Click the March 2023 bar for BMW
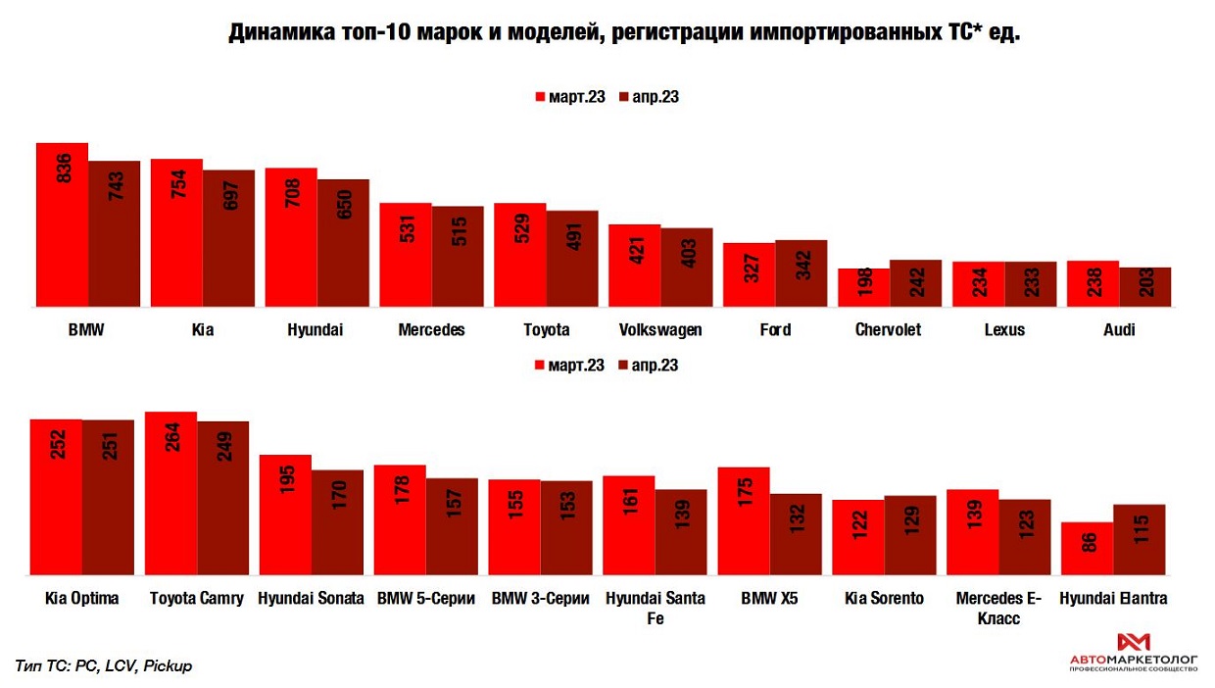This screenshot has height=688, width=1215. coord(62,225)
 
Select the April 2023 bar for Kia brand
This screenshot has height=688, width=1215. coord(228,239)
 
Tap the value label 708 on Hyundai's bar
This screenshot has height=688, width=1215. coord(291,197)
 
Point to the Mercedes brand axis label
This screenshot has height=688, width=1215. coord(431,330)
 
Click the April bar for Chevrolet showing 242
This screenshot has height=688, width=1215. coord(915,284)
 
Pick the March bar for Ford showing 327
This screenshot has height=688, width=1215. coord(749,275)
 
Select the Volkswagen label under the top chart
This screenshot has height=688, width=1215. coord(660,330)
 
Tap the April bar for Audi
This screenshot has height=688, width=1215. coord(1144,287)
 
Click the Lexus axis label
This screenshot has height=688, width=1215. coord(1004,330)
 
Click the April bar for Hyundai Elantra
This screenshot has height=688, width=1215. coord(1140,540)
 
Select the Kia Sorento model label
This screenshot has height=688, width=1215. coord(884,599)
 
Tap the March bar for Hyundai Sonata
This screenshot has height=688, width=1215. coord(284,515)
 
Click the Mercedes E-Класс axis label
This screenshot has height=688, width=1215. coord(998,608)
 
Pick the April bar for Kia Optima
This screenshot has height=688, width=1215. coord(108,497)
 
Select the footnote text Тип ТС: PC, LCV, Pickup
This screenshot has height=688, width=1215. coord(104,665)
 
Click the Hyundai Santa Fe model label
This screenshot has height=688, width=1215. coord(655,608)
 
